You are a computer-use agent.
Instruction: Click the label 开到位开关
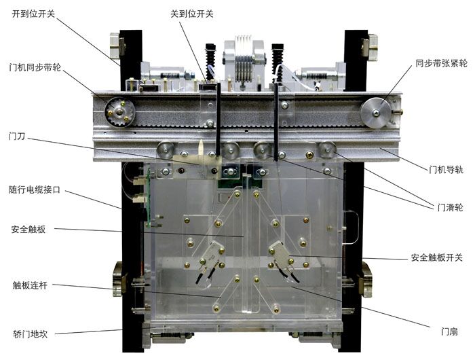(x=34, y=14)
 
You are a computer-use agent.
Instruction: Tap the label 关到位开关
(x=191, y=14)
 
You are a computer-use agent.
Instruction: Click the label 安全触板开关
(x=437, y=257)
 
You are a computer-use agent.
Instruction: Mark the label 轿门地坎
(x=30, y=334)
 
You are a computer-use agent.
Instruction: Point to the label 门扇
(x=448, y=331)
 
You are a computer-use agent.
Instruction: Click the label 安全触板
(x=28, y=229)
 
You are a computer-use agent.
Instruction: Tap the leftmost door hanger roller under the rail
(x=164, y=149)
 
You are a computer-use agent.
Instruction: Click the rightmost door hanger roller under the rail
(x=328, y=149)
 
